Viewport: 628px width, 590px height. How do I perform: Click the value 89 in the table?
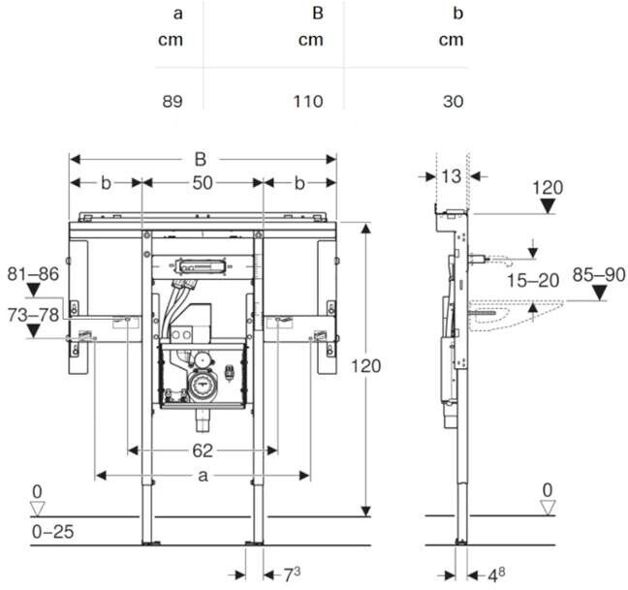[173, 102]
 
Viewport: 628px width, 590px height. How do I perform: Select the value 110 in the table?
[308, 102]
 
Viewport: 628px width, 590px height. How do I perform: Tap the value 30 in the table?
[454, 102]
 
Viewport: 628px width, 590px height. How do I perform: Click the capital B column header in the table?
[318, 14]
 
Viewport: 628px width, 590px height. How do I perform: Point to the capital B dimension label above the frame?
[201, 159]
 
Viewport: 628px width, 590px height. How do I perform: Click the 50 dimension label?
[203, 183]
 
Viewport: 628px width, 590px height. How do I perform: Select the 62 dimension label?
[203, 450]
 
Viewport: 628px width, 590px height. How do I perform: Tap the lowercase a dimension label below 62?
[204, 476]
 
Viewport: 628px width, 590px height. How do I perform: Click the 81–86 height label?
[33, 274]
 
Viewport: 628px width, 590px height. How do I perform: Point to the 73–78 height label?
[33, 315]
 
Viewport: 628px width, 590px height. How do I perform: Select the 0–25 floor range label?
[53, 532]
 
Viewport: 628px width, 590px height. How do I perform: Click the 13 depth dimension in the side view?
[452, 176]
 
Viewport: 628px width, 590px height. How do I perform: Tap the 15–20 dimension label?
[533, 281]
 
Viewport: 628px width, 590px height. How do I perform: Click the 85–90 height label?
[599, 274]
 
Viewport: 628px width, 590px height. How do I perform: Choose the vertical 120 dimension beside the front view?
[365, 366]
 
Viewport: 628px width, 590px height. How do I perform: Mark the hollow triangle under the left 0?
[38, 509]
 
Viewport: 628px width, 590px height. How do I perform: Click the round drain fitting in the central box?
[204, 385]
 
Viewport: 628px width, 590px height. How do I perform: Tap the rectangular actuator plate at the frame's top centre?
[198, 265]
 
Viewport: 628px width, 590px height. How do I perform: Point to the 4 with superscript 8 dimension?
[496, 575]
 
